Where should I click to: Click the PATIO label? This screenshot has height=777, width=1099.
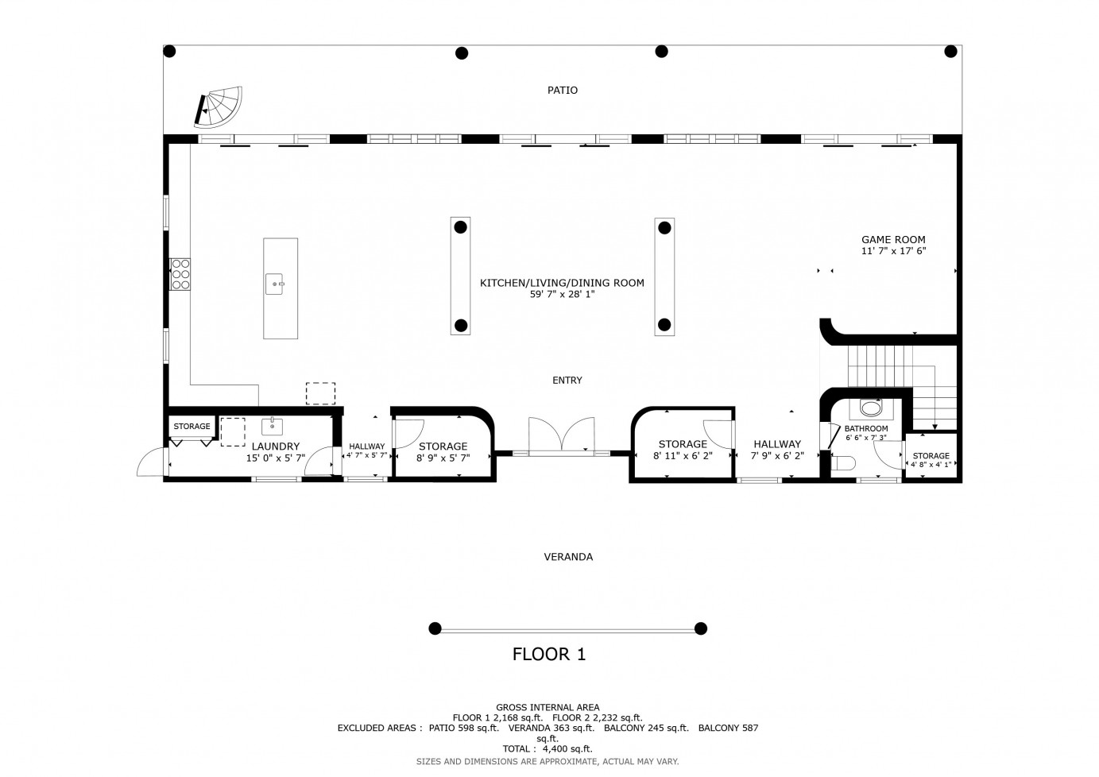point(562,91)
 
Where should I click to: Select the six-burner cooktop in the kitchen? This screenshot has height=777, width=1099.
point(180,274)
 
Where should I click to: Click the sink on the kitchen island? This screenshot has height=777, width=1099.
point(274,284)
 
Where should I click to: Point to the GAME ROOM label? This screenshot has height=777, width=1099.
point(893,240)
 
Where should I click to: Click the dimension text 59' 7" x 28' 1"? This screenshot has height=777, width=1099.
point(562,295)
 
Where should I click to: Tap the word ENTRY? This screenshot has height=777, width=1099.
point(567,381)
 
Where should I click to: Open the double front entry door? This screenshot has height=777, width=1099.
point(562,436)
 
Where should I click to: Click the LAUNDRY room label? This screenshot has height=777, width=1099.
point(275,446)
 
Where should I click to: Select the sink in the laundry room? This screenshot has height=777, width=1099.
point(272,427)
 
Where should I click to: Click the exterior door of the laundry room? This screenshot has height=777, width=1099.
point(152,462)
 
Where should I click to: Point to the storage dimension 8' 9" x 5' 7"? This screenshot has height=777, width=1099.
point(443,458)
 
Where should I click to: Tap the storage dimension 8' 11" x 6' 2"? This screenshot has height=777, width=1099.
point(683,457)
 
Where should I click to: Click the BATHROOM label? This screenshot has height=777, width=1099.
point(866,429)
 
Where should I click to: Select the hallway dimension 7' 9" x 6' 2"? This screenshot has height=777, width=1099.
point(777,457)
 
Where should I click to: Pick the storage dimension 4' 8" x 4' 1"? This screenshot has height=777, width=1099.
point(931,465)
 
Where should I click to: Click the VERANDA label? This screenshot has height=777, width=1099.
point(568,557)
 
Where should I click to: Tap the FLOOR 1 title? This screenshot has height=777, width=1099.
point(549,655)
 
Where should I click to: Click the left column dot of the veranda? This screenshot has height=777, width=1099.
point(435,629)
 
